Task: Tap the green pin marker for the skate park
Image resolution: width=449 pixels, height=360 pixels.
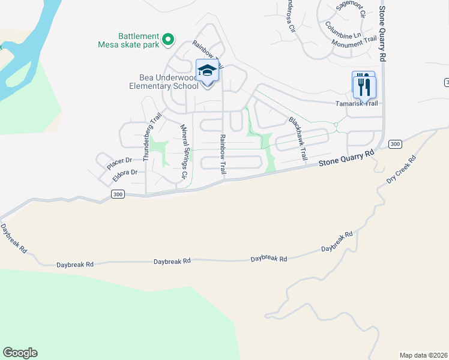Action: [169, 40]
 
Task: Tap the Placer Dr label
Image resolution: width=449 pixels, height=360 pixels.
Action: [119, 161]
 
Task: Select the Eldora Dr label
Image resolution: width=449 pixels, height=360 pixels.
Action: [125, 172]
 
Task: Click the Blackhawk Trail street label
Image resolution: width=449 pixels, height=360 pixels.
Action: [298, 137]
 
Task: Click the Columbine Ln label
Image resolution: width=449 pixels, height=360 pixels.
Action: [343, 31]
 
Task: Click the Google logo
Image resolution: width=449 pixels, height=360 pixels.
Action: [20, 353]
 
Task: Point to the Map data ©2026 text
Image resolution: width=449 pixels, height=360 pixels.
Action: [423, 355]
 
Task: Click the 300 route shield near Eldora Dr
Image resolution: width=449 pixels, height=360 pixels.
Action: [118, 194]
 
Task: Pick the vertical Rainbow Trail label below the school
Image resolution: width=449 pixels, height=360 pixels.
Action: [223, 154]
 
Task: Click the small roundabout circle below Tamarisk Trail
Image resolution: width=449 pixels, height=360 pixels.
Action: [336, 125]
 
